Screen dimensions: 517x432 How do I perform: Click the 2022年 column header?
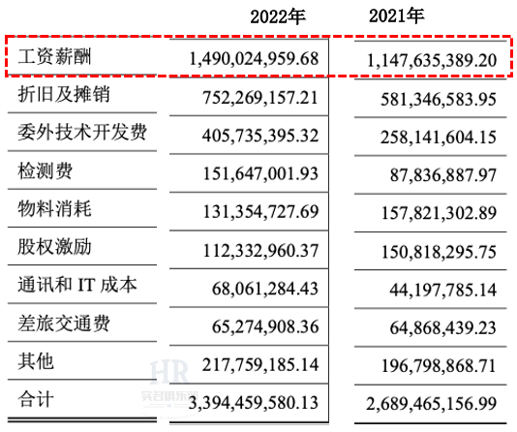click(x=278, y=16)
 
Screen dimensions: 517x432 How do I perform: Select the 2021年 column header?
click(x=396, y=15)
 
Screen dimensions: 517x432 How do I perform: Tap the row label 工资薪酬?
click(x=54, y=56)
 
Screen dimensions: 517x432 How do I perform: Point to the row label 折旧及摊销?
click(x=64, y=94)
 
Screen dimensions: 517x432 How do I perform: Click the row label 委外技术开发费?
click(x=82, y=133)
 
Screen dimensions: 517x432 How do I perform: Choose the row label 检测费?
click(x=46, y=170)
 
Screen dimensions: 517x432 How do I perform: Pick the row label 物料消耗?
click(x=54, y=208)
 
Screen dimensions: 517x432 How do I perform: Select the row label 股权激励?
click(x=54, y=246)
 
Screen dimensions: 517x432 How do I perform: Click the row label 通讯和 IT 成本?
click(x=77, y=285)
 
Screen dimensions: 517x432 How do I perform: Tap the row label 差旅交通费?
click(x=64, y=323)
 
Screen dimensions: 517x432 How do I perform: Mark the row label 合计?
click(x=36, y=399)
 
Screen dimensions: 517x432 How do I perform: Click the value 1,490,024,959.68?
click(x=254, y=59)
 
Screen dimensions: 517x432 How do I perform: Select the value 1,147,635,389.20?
click(x=432, y=61)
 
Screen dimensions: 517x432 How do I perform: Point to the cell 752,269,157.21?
click(x=260, y=98)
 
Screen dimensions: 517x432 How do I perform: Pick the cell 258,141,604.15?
click(x=439, y=138)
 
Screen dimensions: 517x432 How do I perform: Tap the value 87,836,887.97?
click(x=443, y=175)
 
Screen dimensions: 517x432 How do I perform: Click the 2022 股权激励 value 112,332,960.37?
click(x=260, y=251)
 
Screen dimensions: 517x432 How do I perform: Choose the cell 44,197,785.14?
click(x=443, y=290)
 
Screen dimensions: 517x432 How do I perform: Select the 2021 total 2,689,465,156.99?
click(x=431, y=404)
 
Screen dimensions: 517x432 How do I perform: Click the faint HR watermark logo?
click(x=169, y=373)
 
